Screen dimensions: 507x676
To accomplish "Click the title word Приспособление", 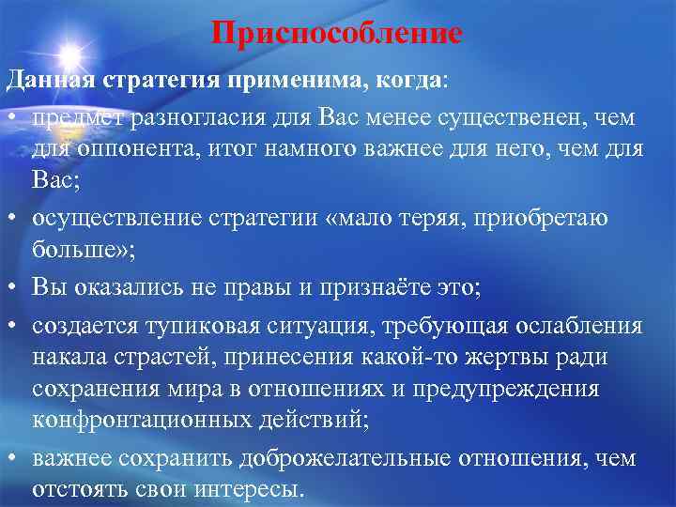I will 337,33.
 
